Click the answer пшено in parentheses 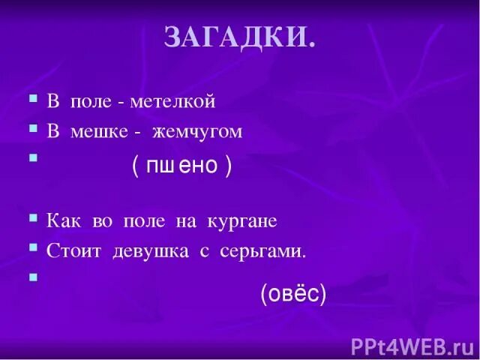coord(181,166)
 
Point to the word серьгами coord(263,253)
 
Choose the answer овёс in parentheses coord(293,295)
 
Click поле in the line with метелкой coord(91,100)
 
